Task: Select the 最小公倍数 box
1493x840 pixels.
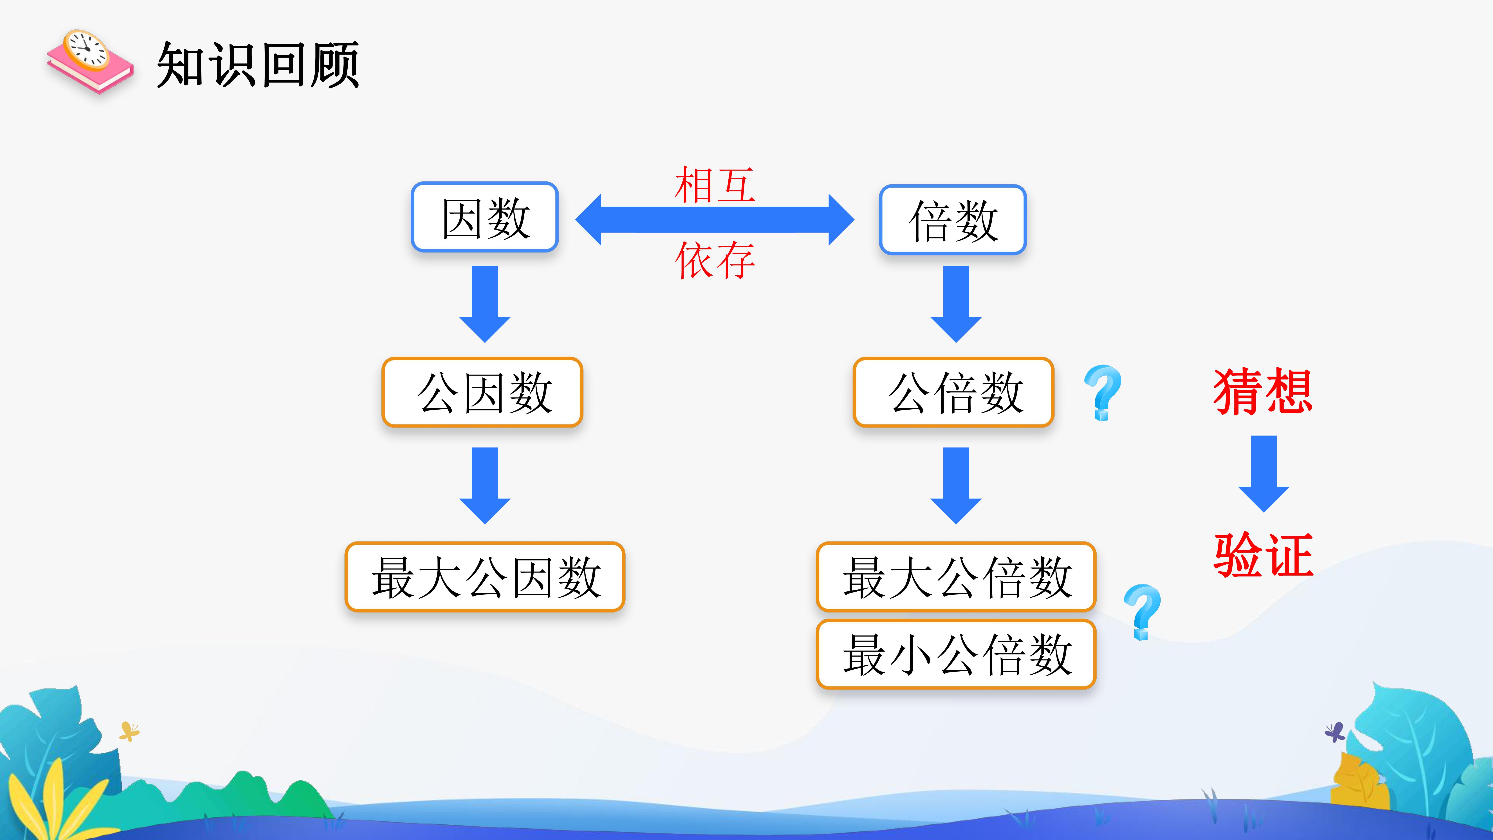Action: pos(956,654)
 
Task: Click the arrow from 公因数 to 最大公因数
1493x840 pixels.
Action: pos(485,486)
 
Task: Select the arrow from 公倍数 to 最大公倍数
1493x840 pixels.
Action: pos(956,486)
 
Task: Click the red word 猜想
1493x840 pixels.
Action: pos(1263,392)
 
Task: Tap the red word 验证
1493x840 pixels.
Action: pos(1263,555)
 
